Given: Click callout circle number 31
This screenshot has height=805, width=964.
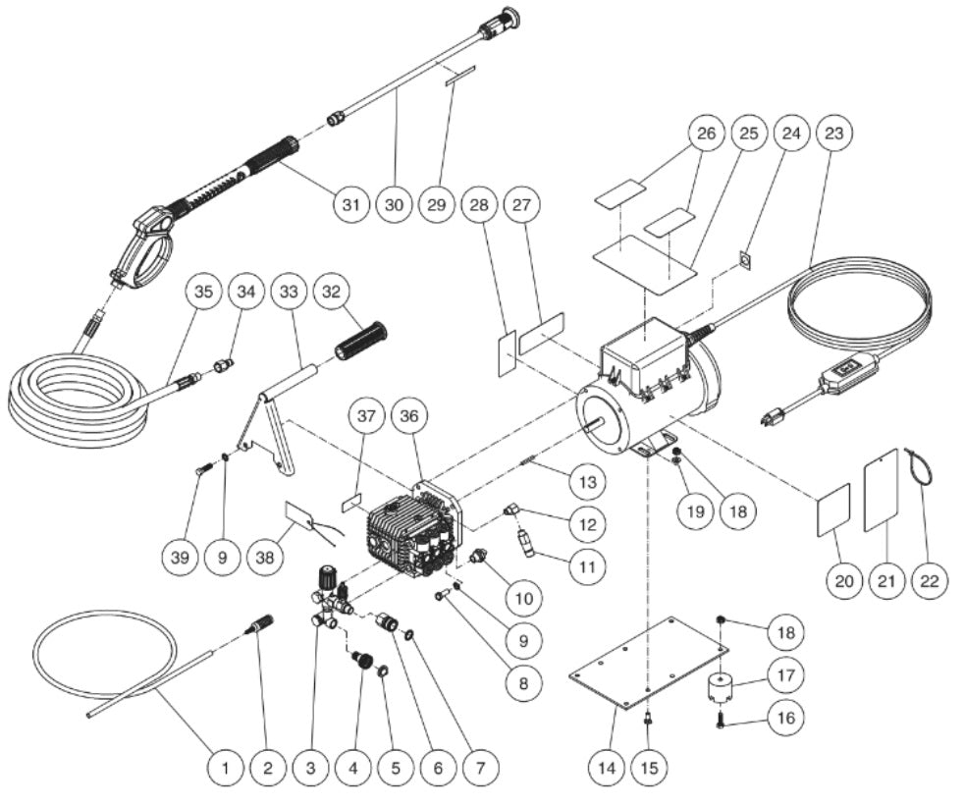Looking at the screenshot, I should click(x=349, y=205).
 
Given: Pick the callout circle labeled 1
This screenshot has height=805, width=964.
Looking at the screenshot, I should click(x=225, y=765).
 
